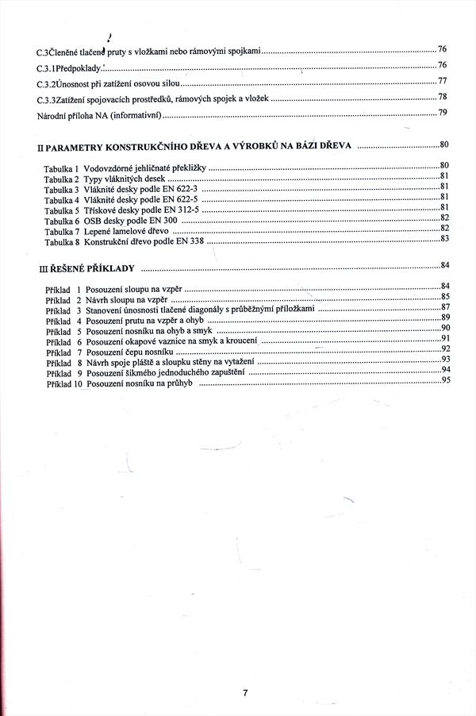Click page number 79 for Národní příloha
(443, 113)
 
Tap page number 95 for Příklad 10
(445, 380)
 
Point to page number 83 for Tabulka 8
(445, 238)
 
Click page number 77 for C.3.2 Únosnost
(443, 81)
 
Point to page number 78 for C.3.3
(443, 97)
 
